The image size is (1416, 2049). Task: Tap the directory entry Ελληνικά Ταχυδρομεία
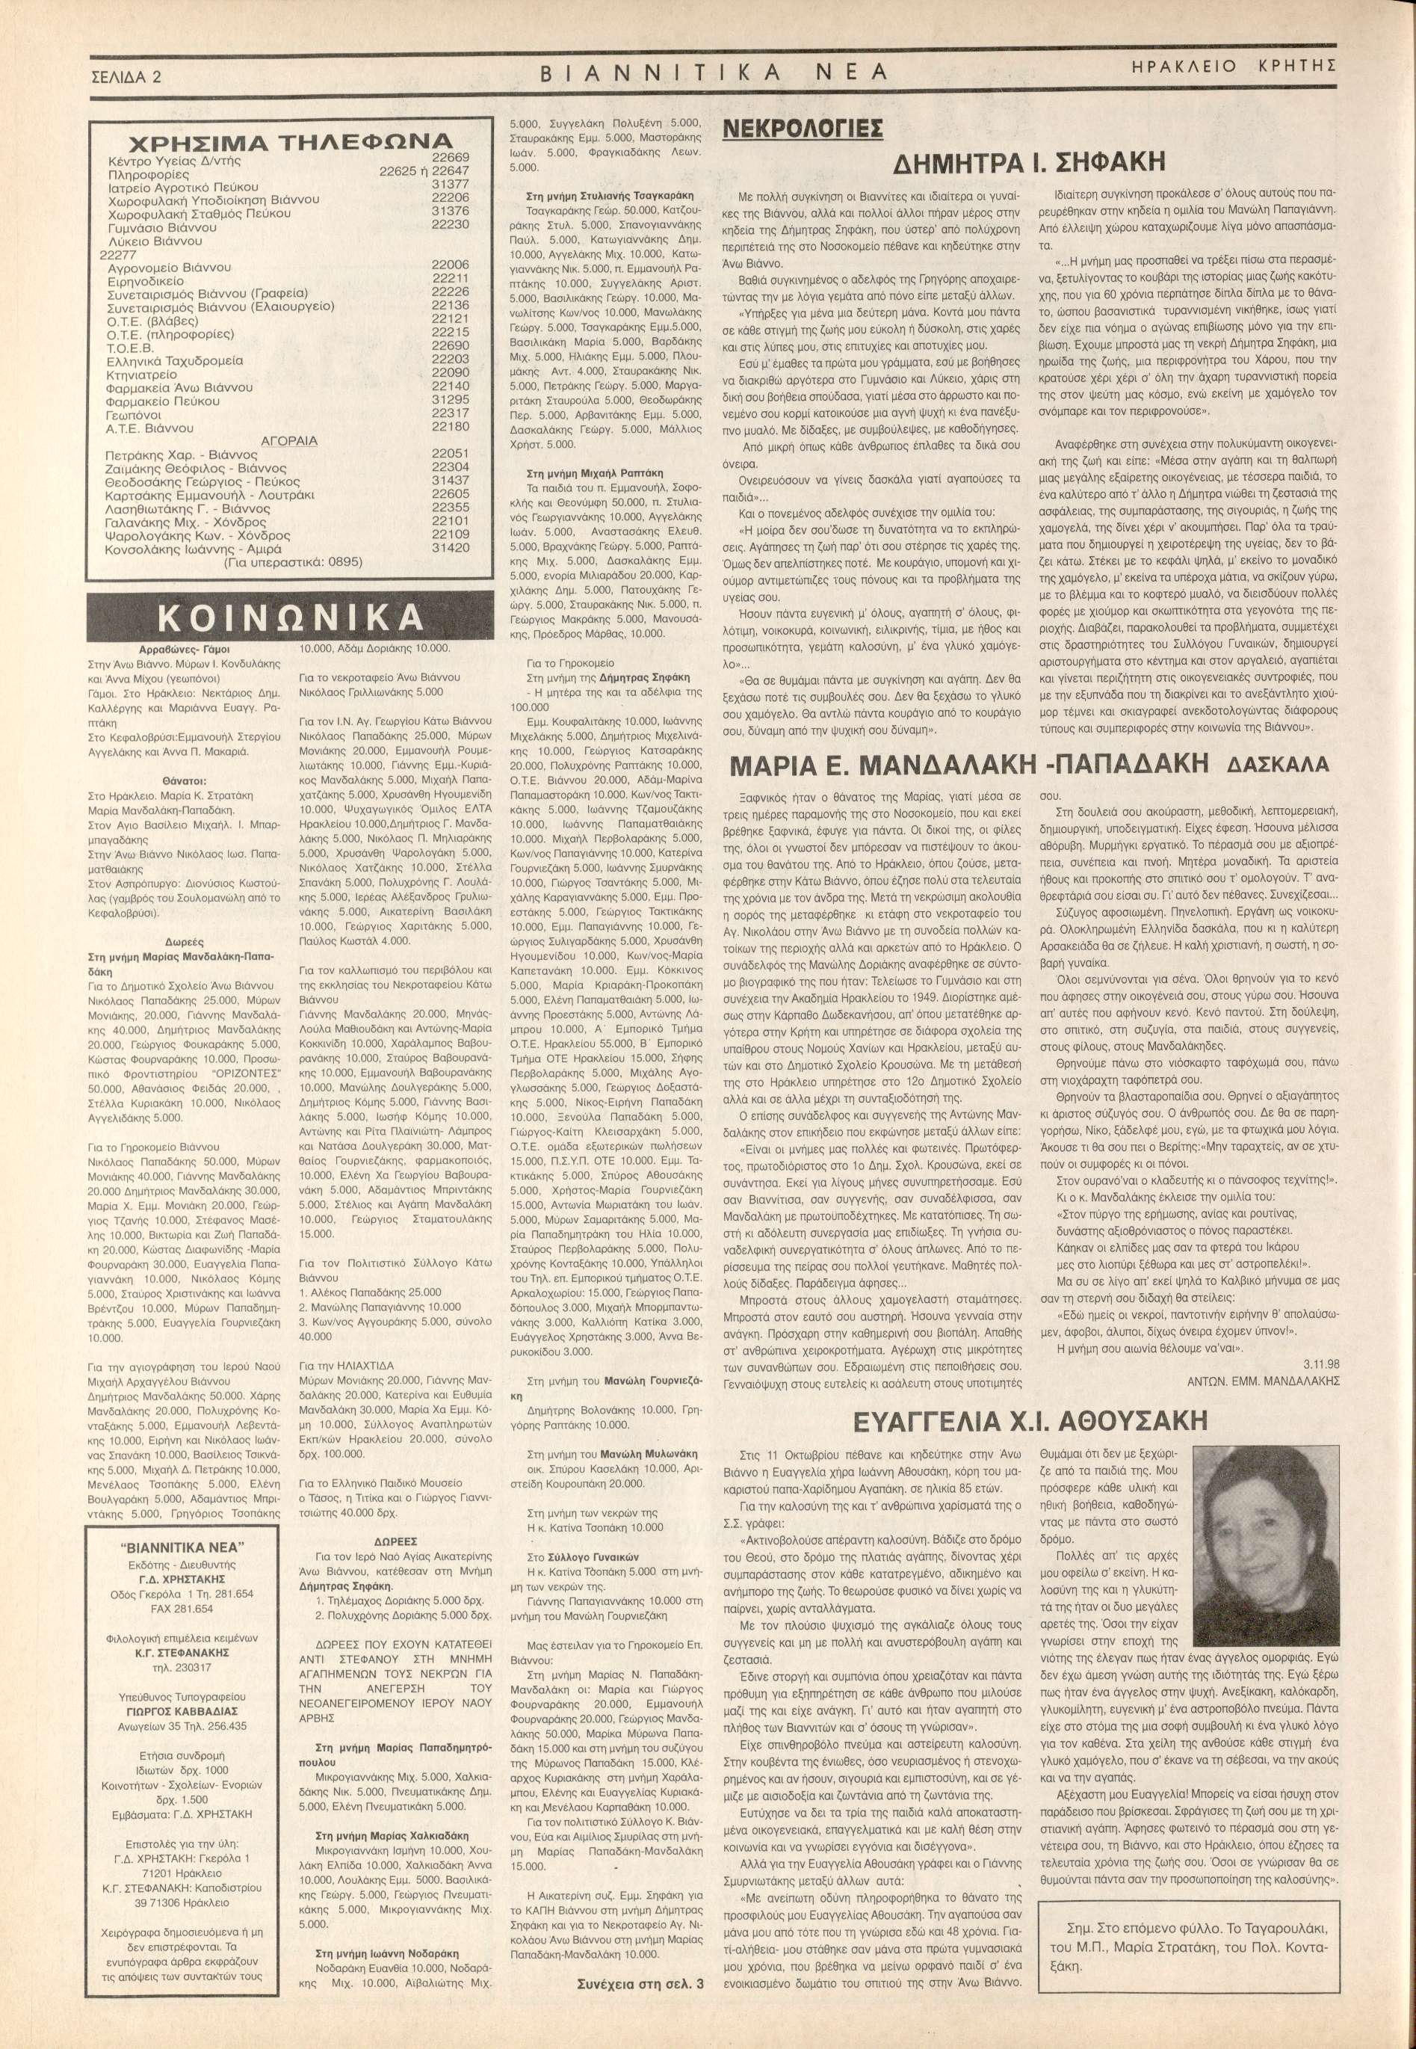point(174,361)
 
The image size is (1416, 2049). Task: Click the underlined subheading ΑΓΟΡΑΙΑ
point(288,441)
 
